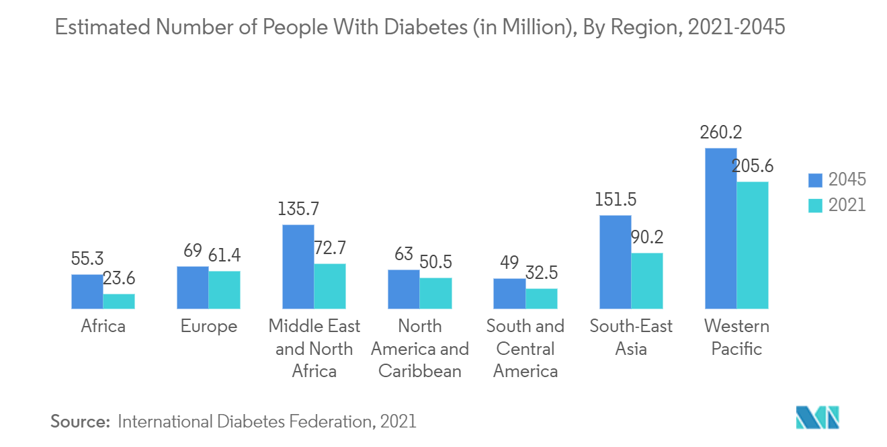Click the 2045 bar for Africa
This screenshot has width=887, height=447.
(x=87, y=292)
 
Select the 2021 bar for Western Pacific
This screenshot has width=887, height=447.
(x=752, y=245)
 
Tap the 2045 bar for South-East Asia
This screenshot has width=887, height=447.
(x=615, y=262)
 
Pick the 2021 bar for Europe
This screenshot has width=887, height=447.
(x=224, y=290)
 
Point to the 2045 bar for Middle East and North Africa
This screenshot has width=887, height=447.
(x=298, y=267)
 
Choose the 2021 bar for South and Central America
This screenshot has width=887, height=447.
(x=542, y=298)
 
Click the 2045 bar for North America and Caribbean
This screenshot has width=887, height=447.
(x=404, y=289)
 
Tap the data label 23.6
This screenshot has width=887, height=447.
(x=119, y=278)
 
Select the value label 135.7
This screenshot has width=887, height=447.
(x=298, y=209)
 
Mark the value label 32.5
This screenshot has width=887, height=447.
(x=542, y=273)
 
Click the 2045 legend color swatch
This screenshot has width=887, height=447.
(x=815, y=179)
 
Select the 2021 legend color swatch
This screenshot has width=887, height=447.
(x=815, y=205)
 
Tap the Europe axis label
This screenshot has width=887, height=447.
(x=208, y=327)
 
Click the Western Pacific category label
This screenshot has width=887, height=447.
(x=736, y=337)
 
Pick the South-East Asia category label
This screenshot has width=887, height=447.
(x=631, y=337)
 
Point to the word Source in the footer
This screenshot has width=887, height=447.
(x=80, y=421)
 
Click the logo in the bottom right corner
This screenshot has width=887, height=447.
(x=817, y=417)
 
